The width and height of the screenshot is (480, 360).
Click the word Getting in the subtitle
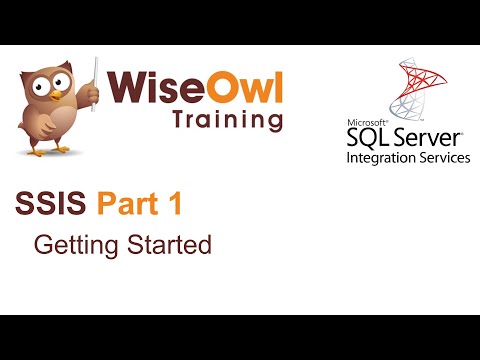(68, 244)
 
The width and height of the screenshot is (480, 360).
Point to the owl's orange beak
(51, 98)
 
